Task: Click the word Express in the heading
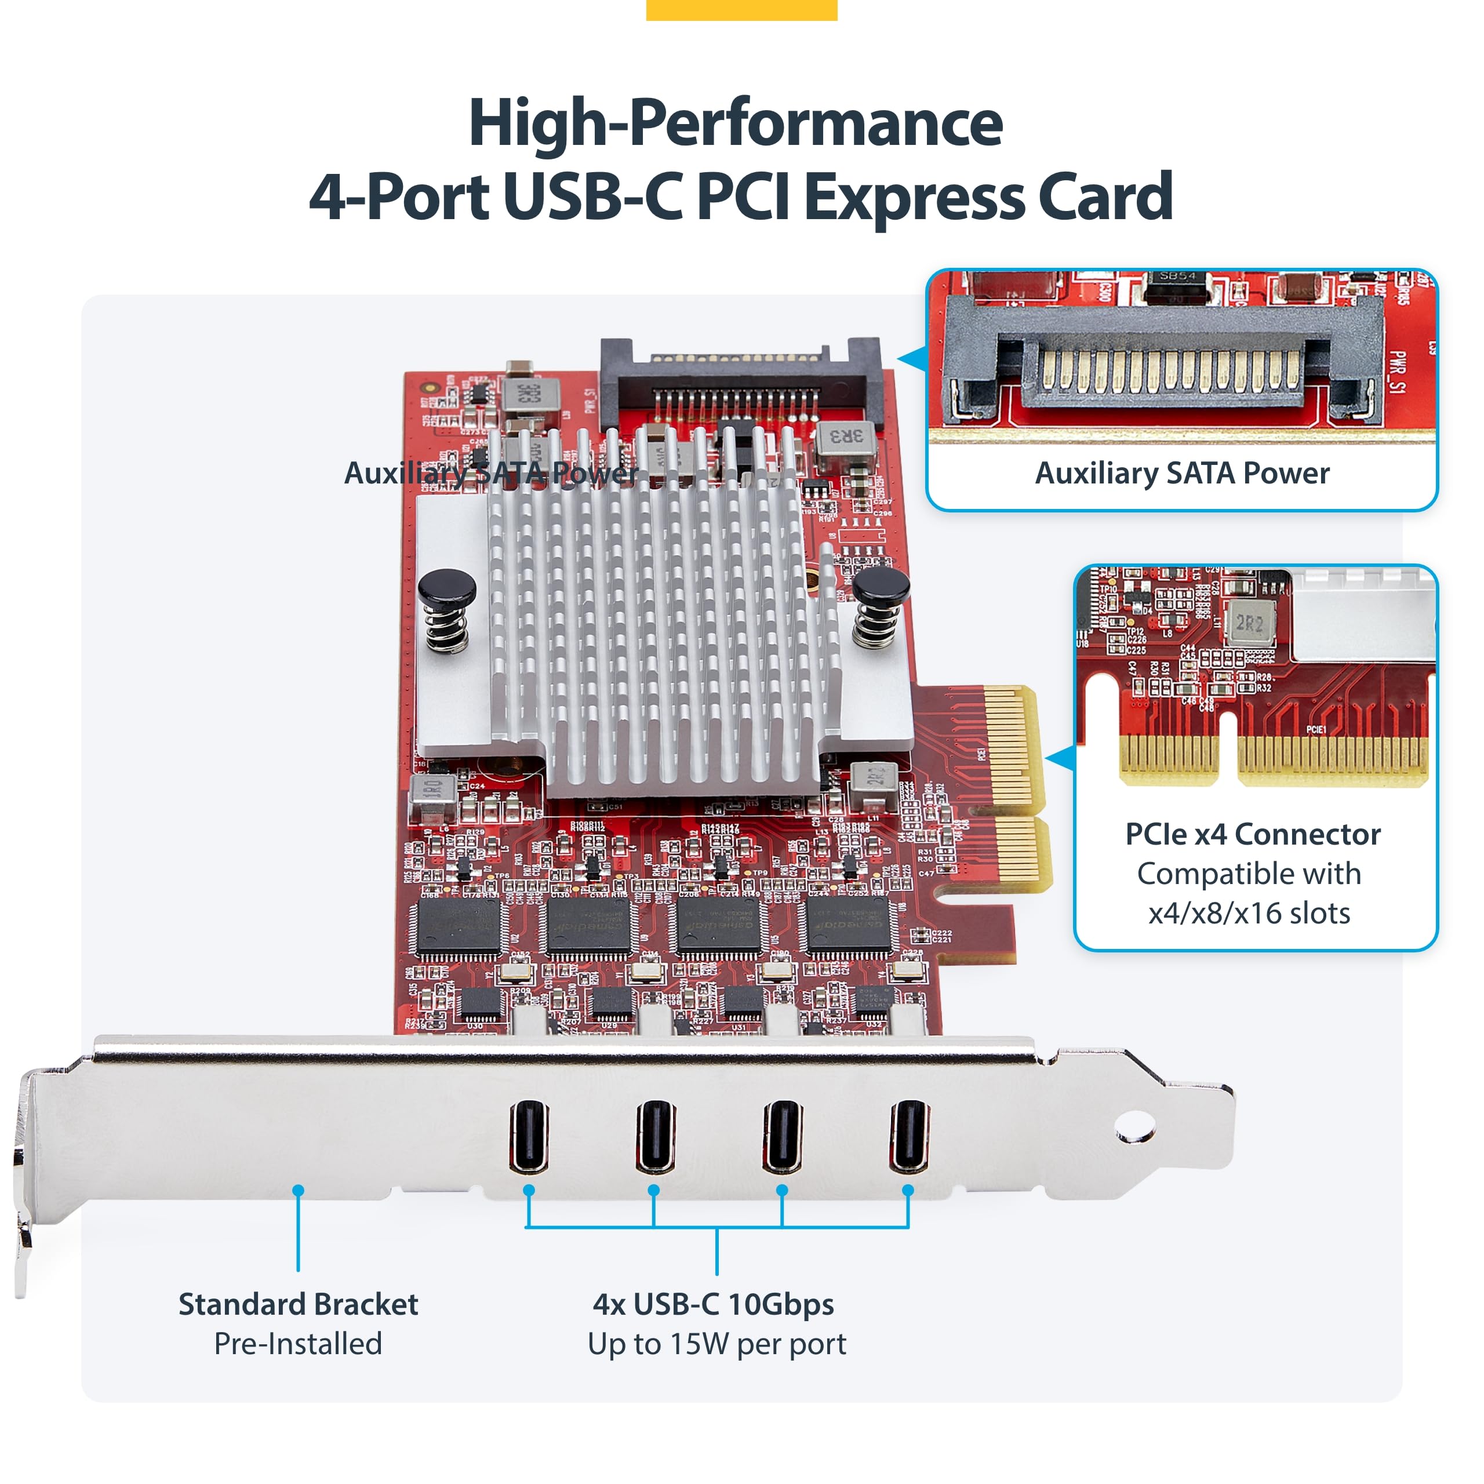(914, 197)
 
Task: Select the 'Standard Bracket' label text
(298, 1304)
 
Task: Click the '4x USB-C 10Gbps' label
(713, 1304)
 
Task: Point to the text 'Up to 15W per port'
(716, 1344)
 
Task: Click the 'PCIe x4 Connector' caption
(1253, 834)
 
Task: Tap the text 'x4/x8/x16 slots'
(1249, 913)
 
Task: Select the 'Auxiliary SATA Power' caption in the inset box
(1182, 473)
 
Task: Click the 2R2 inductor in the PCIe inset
(1250, 623)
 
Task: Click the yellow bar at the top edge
(741, 9)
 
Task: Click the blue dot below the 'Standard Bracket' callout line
(298, 1191)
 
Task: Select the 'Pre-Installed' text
(298, 1344)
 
